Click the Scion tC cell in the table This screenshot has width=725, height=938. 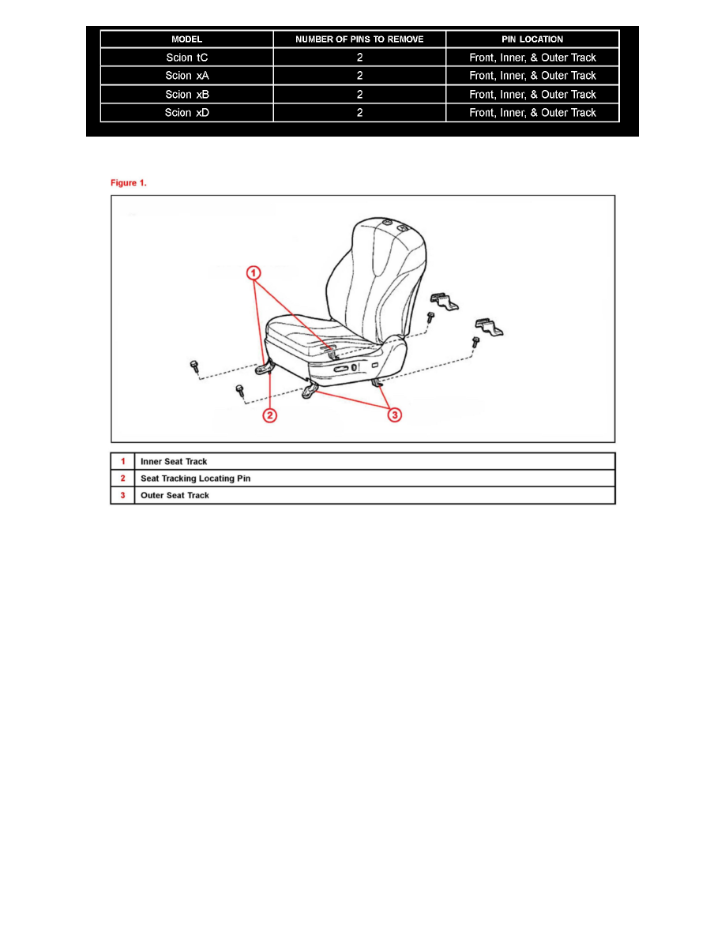click(x=186, y=58)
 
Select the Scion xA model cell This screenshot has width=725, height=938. click(x=186, y=76)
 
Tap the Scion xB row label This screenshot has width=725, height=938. click(x=186, y=94)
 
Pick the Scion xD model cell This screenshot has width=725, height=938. click(x=186, y=113)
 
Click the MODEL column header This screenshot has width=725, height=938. click(x=187, y=39)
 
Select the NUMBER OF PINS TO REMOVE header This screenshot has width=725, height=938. click(x=359, y=39)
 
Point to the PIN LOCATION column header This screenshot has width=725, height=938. click(x=532, y=39)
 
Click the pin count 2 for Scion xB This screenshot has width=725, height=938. click(x=359, y=94)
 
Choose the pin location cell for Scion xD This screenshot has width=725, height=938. click(x=532, y=113)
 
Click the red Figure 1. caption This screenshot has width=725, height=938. click(x=129, y=183)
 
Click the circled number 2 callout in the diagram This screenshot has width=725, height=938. click(x=269, y=415)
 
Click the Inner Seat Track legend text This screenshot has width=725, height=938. click(x=174, y=462)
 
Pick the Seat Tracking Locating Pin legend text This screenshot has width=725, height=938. click(x=196, y=478)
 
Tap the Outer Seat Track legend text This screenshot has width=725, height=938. click(x=175, y=496)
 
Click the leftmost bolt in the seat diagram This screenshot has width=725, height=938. click(x=193, y=366)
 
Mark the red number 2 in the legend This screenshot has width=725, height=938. click(x=122, y=478)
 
